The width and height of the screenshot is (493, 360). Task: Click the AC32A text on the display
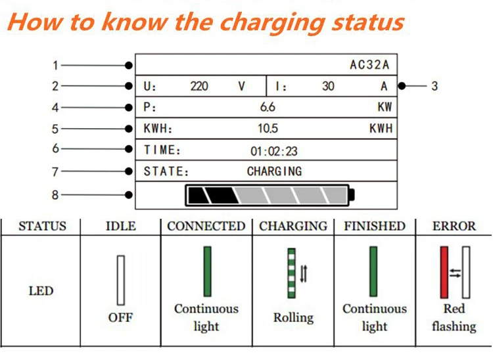click(369, 65)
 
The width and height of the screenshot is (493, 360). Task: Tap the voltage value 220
click(199, 86)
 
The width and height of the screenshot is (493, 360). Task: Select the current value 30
click(328, 86)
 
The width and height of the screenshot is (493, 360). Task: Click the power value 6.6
click(268, 107)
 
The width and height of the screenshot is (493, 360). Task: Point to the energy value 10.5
click(268, 129)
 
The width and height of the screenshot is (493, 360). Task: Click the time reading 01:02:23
click(273, 151)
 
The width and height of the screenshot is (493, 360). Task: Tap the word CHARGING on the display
click(274, 171)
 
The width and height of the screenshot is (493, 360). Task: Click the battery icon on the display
click(270, 194)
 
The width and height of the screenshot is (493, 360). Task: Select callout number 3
click(434, 85)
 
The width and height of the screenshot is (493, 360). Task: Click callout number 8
click(56, 194)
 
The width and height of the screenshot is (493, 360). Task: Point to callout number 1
click(56, 65)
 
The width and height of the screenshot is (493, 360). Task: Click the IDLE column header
click(120, 227)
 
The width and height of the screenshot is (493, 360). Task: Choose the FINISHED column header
click(375, 227)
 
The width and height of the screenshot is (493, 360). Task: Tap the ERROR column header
click(454, 227)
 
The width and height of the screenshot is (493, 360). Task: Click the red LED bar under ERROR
click(444, 272)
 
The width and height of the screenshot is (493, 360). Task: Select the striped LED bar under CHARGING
click(292, 273)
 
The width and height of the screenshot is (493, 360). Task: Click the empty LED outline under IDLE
click(120, 279)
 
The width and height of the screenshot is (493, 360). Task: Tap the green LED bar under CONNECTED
click(207, 271)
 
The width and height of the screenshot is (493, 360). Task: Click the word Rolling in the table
click(293, 318)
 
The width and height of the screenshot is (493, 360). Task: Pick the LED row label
click(41, 290)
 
